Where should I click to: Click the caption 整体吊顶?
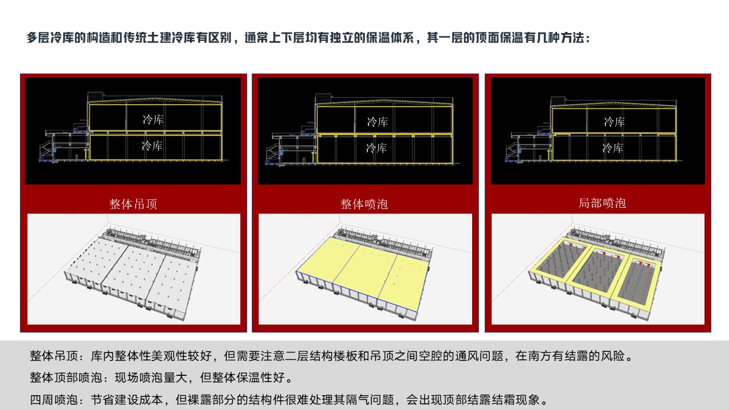(x=133, y=204)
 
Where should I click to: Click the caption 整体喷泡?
(x=364, y=204)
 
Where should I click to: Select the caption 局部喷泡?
(x=602, y=203)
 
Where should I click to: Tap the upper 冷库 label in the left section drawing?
(x=153, y=120)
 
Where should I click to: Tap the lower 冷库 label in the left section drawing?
(x=152, y=145)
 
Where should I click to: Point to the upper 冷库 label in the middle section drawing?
(x=378, y=122)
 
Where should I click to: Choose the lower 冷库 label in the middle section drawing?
(x=376, y=148)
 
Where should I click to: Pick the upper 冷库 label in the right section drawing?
(x=615, y=122)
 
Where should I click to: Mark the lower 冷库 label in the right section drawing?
(x=613, y=148)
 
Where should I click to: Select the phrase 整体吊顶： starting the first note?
(x=60, y=356)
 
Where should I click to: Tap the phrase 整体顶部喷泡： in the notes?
(x=72, y=378)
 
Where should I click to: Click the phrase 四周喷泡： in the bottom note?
(x=60, y=400)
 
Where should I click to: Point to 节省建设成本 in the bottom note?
(x=127, y=400)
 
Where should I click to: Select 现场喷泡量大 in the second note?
(x=151, y=378)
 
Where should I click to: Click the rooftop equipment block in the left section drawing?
(x=95, y=97)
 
